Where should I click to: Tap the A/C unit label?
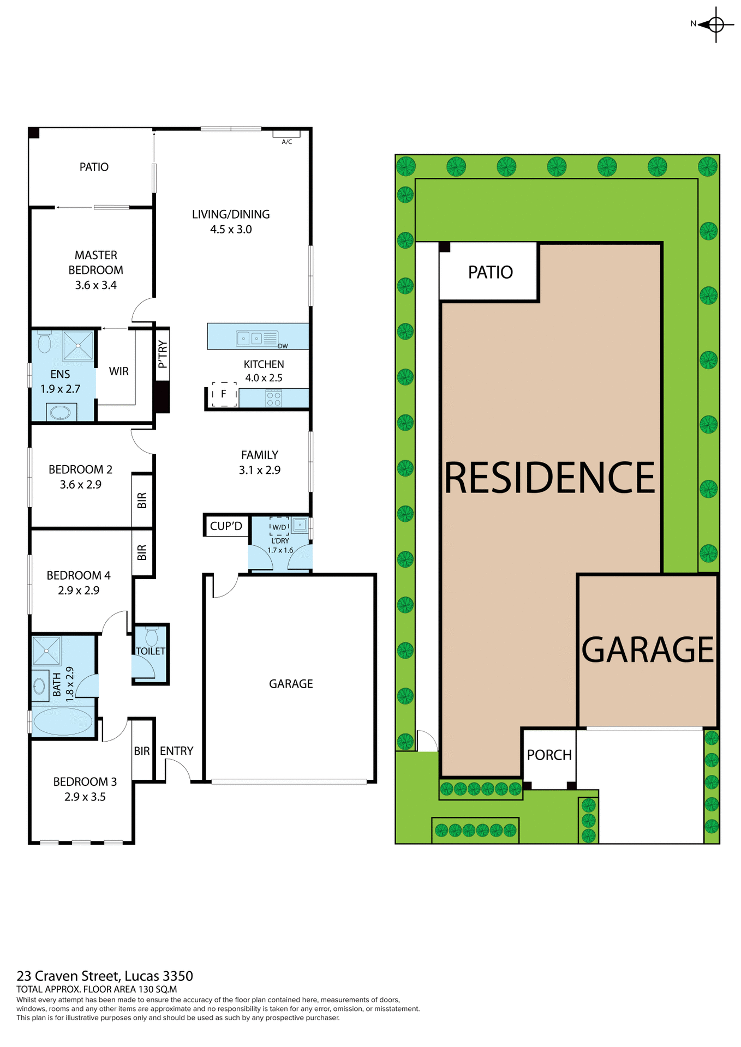pos(286,142)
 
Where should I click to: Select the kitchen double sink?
pos(250,339)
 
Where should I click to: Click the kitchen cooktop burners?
pos(274,399)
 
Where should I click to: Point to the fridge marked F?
pos(224,394)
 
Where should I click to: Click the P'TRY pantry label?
pos(162,354)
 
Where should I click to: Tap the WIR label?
pos(118,371)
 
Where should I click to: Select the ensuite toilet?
pos(44,342)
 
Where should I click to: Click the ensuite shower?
pos(78,345)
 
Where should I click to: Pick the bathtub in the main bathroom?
pos(63,721)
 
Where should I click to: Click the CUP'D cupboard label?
pos(226,526)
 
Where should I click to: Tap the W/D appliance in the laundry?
pos(279,527)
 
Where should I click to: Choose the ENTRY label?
pos(176,751)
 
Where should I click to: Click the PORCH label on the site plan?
pos(549,755)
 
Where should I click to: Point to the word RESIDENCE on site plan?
pos(549,478)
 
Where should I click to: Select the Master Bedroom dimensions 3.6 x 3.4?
pos(95,285)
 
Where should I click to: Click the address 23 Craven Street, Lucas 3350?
pos(105,976)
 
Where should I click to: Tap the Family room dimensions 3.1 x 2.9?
pos(259,470)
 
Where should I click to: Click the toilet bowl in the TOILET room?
pos(152,637)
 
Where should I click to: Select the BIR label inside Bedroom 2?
pos(142,501)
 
